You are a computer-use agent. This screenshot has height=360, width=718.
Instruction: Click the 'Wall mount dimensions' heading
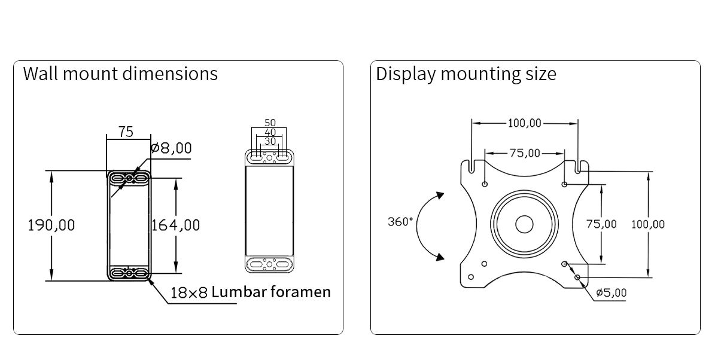[x=120, y=74]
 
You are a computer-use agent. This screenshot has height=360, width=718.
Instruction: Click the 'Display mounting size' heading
[x=466, y=74]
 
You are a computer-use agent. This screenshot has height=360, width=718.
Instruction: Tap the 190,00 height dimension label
[x=51, y=225]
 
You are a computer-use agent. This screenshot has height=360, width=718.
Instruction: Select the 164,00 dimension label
[x=175, y=225]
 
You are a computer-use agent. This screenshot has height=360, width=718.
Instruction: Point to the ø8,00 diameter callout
[x=171, y=148]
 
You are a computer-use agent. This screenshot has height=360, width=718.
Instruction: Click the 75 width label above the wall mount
[x=126, y=132]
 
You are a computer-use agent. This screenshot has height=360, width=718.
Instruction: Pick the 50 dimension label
[x=270, y=123]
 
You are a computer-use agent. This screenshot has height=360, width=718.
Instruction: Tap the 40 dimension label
[x=270, y=132]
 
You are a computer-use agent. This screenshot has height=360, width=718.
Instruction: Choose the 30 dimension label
[x=270, y=141]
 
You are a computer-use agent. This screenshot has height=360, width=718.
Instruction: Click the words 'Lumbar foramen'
[x=271, y=292]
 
